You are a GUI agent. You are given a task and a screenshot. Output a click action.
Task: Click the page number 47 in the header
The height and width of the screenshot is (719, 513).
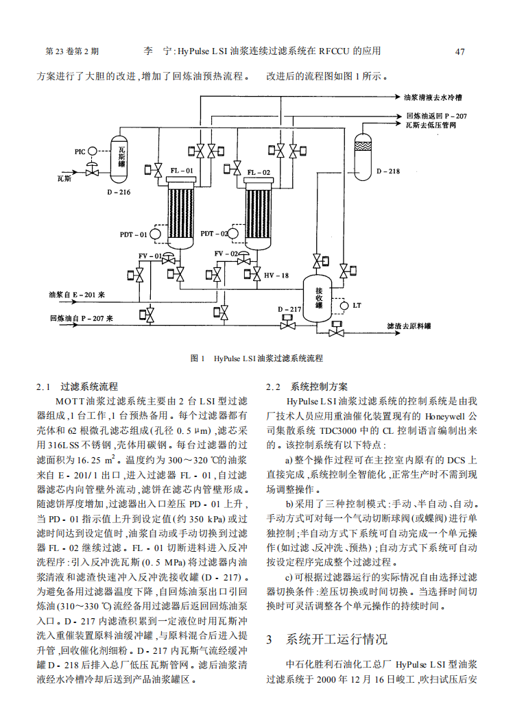coord(460,51)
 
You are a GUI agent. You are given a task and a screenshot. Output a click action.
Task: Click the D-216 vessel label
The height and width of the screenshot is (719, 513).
coord(119,192)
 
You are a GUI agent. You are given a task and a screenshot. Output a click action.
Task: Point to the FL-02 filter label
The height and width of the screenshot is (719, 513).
coord(259,172)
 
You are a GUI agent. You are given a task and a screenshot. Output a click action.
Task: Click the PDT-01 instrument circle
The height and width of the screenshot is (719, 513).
coord(155,234)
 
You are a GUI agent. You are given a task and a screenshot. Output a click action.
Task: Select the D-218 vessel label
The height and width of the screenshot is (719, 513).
coord(387,171)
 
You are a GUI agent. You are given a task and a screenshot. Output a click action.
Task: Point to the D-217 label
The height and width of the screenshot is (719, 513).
coord(289,310)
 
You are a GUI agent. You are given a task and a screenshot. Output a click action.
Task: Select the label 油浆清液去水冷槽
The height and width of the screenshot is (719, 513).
coord(433,98)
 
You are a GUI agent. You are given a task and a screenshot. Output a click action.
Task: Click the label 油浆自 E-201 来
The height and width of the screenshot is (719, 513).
coord(77,295)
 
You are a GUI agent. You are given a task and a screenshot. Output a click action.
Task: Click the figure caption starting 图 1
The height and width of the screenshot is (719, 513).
coord(256,358)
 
